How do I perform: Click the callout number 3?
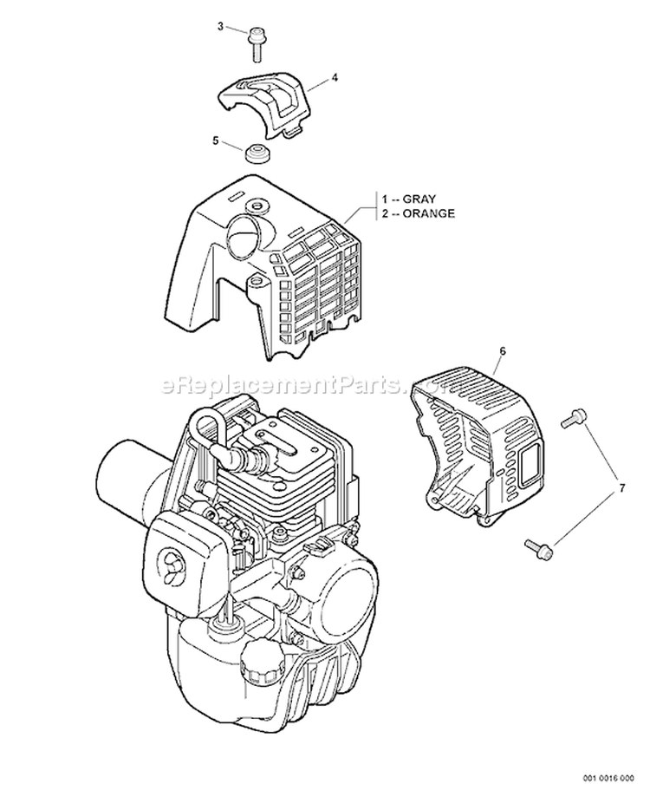click(220, 27)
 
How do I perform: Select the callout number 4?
click(335, 77)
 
